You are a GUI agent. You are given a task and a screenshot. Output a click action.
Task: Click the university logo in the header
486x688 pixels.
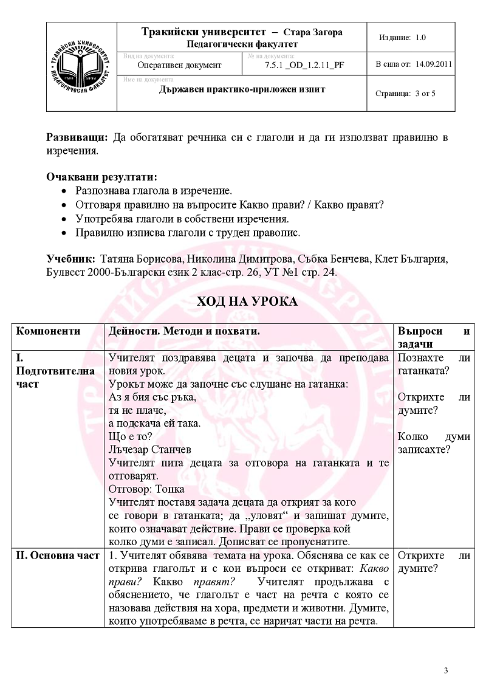click(81, 67)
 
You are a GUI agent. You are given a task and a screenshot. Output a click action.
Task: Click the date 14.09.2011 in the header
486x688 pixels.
click(434, 63)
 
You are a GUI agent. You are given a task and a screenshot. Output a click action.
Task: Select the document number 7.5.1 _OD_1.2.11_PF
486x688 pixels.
click(304, 65)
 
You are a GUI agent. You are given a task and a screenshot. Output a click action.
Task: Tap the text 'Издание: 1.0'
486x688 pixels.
click(402, 37)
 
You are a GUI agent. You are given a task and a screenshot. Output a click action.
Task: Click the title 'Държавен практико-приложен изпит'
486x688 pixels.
click(242, 89)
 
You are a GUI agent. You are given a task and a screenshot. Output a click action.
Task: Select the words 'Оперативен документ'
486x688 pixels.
click(180, 65)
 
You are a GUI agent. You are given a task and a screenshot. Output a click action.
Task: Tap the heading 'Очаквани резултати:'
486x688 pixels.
click(101, 177)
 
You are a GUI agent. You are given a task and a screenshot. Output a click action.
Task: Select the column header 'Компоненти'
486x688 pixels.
click(48, 331)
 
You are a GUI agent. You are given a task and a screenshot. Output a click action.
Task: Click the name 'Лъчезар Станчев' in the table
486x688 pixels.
click(149, 450)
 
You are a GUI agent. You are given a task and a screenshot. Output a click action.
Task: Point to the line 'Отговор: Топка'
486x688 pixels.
click(146, 489)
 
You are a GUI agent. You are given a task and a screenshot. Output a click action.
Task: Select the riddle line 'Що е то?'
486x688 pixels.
click(130, 436)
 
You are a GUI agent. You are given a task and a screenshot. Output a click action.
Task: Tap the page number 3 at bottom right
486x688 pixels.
click(447, 670)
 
